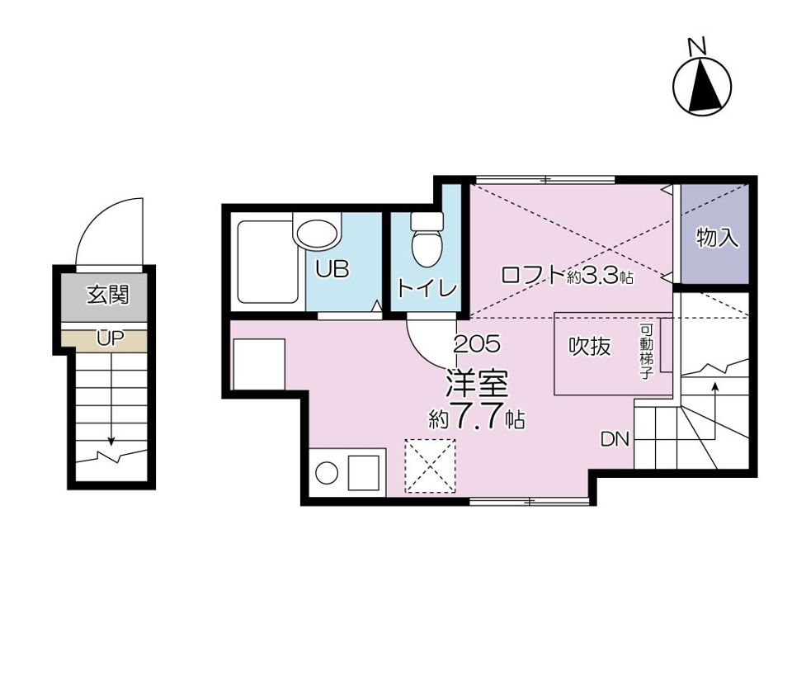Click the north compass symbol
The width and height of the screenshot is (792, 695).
click(x=702, y=81)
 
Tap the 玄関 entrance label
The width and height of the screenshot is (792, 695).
click(x=107, y=295)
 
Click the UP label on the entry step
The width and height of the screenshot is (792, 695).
click(x=111, y=338)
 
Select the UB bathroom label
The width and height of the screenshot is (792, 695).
click(x=332, y=269)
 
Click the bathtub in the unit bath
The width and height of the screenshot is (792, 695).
click(x=267, y=262)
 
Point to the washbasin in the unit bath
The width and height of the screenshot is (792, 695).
click(x=317, y=234)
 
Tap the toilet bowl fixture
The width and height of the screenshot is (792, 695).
click(x=427, y=240)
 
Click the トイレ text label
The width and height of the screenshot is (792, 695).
click(x=427, y=288)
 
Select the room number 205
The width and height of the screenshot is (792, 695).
click(x=477, y=344)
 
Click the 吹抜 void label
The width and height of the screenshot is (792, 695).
click(x=590, y=346)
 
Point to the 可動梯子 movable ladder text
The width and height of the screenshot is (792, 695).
click(x=646, y=352)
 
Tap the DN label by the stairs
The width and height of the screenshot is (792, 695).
click(x=615, y=439)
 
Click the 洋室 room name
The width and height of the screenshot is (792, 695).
click(x=476, y=385)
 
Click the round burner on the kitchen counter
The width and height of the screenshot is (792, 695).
click(x=327, y=473)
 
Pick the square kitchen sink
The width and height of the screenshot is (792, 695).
click(x=364, y=473)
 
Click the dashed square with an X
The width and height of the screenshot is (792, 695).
click(x=431, y=466)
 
